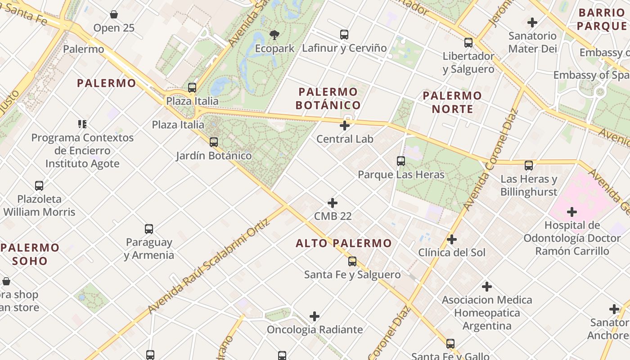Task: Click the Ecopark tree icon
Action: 274,35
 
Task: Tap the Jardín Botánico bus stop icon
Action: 214,142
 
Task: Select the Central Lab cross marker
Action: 345,126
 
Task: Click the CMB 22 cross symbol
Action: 333,203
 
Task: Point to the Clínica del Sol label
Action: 452,252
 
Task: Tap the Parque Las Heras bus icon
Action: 400,161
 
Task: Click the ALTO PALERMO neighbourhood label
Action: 344,243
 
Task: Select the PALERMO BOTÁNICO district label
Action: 328,99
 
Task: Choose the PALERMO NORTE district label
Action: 452,102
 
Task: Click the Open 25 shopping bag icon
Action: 114,15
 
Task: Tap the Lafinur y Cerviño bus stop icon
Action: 344,35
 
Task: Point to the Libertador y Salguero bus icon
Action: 468,43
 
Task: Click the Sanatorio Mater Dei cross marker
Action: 532,22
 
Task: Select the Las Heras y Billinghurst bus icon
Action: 529,166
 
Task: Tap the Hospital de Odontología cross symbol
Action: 572,211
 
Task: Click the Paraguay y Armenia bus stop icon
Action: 149,229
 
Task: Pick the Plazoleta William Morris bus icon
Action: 39,185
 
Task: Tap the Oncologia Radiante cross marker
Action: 315,316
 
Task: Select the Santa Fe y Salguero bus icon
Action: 352,261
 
